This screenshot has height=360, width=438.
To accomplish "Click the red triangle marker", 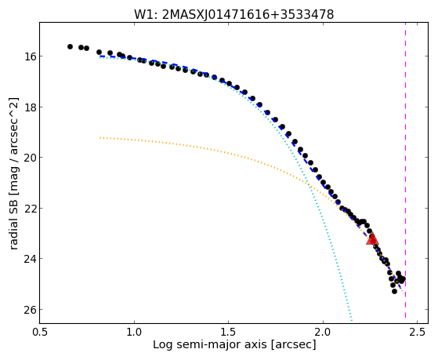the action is (x=372, y=239).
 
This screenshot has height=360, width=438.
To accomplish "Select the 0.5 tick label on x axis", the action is (x=40, y=332).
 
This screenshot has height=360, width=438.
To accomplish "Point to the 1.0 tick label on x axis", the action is (x=134, y=332).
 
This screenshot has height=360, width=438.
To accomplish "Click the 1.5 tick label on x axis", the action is (x=229, y=332).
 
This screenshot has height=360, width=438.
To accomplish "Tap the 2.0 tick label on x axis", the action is (x=323, y=332).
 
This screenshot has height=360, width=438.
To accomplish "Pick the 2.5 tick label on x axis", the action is (x=417, y=332).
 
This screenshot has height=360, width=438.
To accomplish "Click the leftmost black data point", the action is (x=70, y=46).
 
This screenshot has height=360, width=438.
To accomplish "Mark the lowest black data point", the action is (x=394, y=291).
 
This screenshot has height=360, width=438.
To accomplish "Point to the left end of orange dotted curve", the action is (x=100, y=137).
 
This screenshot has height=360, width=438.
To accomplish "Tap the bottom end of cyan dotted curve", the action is (x=352, y=321).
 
